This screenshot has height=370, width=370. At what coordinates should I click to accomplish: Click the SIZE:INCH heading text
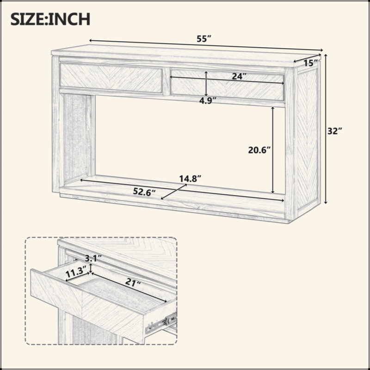50,19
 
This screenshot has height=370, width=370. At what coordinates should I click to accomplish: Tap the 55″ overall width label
203,39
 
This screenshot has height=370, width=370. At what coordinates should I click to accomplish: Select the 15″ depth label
310,63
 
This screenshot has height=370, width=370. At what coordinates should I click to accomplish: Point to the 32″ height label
334,131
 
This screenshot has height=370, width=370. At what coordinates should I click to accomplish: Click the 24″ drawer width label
239,76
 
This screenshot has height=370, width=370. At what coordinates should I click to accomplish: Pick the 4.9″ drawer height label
208,101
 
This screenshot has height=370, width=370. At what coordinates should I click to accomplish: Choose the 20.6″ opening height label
259,150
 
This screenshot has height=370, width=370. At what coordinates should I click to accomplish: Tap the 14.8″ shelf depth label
190,179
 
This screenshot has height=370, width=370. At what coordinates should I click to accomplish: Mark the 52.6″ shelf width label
144,192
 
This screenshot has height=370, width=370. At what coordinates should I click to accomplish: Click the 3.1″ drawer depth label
93,259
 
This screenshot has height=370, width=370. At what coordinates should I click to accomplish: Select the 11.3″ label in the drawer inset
74,273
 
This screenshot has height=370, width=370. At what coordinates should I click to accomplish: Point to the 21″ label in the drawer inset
133,282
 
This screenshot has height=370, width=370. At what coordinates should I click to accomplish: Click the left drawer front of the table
111,78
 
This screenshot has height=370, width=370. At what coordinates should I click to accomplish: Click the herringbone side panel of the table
308,139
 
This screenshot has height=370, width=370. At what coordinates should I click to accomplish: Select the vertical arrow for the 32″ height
326,129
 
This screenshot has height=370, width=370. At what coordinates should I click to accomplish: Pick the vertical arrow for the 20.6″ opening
273,150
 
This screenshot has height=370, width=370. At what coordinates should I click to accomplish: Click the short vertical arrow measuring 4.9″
206,84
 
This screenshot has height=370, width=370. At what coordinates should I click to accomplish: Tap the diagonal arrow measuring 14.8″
174,192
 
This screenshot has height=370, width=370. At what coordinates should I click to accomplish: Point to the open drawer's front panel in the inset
87,306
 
